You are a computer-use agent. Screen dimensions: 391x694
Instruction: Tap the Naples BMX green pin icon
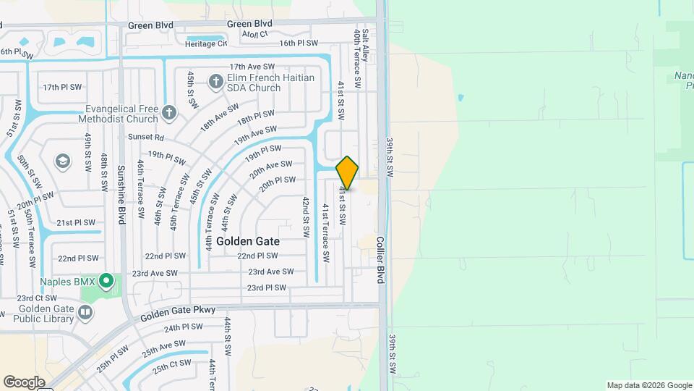pos(106,279)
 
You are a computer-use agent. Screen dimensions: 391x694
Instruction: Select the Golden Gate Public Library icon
pos(85,312)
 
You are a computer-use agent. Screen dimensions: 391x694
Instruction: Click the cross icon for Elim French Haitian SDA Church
pos(215,82)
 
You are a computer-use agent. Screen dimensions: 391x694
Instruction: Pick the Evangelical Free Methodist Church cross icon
pos(169,112)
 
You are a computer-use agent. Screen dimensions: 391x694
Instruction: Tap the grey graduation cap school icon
pos(63,160)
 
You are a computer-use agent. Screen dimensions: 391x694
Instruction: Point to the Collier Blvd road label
pos(381,263)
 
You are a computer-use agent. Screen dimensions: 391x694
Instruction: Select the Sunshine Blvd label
pos(121,195)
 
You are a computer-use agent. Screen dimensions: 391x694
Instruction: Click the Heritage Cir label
pos(205,43)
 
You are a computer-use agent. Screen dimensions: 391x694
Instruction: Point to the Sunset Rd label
pos(147,137)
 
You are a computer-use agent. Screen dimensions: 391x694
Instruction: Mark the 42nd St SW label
pos(307,218)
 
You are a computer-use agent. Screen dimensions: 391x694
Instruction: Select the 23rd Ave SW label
pos(271,272)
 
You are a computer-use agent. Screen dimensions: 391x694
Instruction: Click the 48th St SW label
pos(105,171)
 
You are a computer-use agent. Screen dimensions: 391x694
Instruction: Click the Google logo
pos(24,382)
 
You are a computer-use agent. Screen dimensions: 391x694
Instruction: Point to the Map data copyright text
pos(648,385)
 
